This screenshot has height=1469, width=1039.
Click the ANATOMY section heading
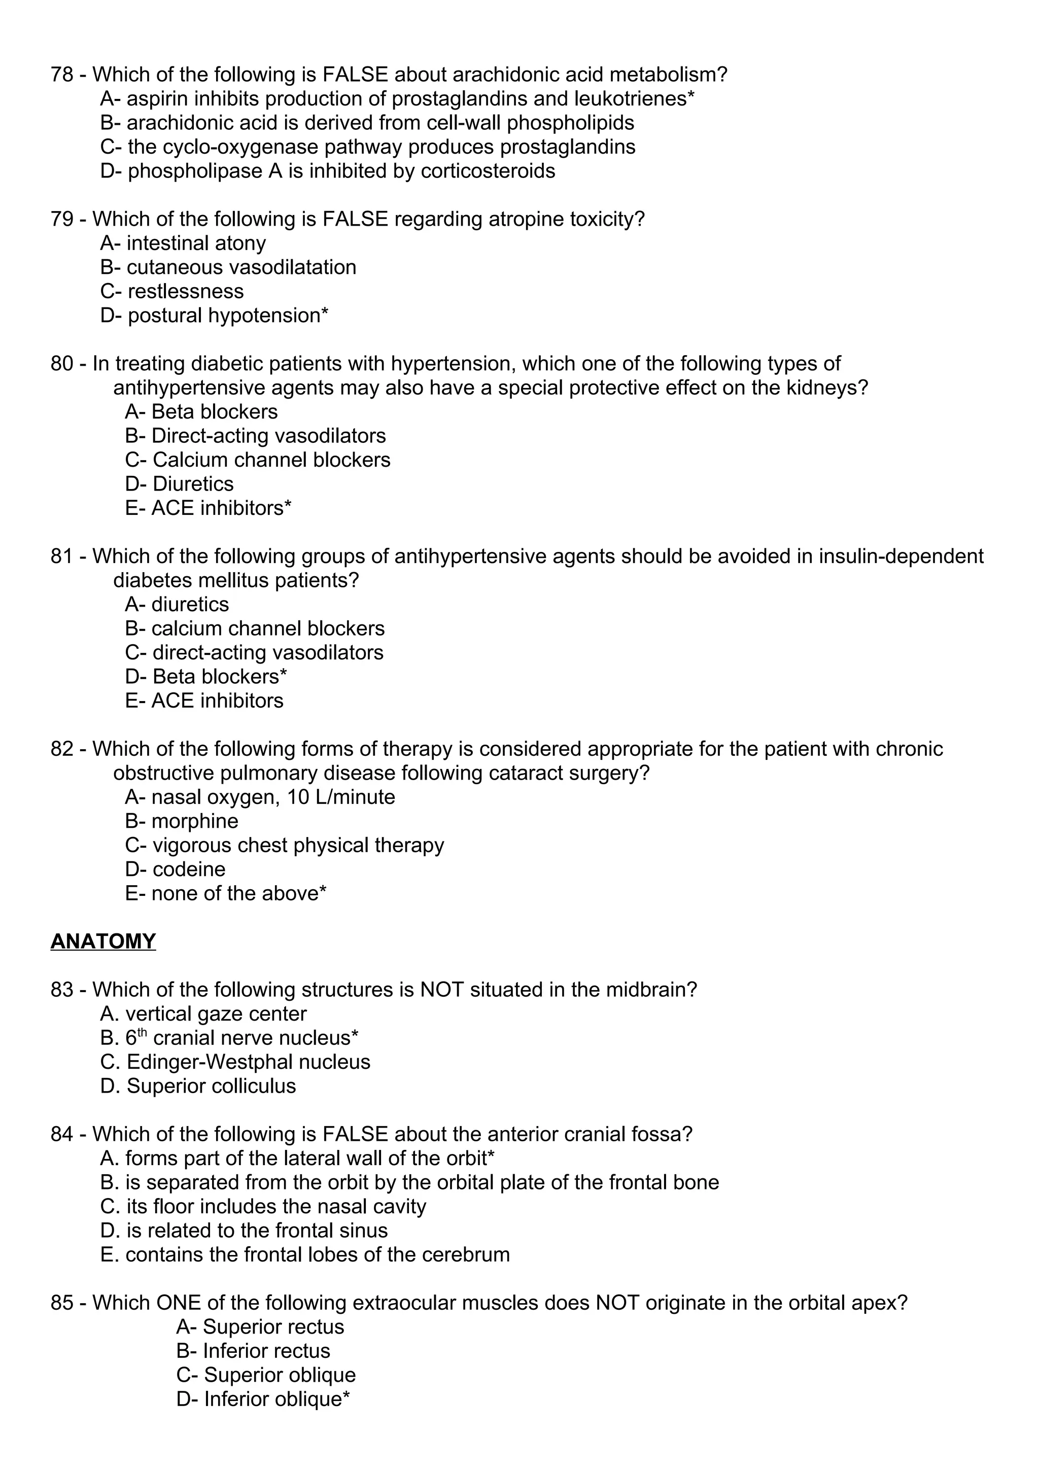coord(103,941)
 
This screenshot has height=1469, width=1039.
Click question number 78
coord(62,75)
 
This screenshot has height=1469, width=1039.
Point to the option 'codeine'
coord(188,869)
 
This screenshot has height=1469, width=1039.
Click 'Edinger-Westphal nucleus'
coord(248,1062)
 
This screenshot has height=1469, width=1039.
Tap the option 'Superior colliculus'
coord(211,1087)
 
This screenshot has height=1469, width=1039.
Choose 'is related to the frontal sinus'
coord(256,1231)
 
